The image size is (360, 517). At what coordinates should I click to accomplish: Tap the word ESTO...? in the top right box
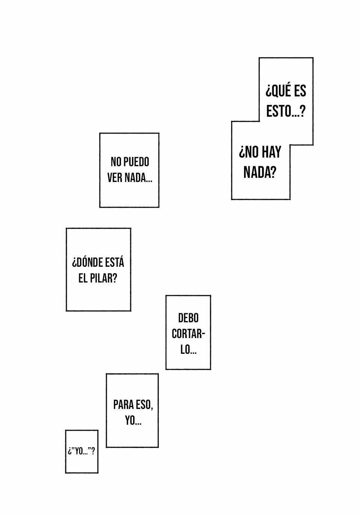point(286,111)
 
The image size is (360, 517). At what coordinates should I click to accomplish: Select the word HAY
point(271,152)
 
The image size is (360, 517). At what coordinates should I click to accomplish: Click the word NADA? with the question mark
point(260,173)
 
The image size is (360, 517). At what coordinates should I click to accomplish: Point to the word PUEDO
point(136,162)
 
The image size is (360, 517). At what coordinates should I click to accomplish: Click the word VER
point(115,178)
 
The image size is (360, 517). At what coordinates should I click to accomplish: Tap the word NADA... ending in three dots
point(138,178)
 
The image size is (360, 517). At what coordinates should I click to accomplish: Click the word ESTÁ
point(115,262)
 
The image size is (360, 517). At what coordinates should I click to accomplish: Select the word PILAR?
point(103,278)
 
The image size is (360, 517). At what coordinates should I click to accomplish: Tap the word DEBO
point(188,318)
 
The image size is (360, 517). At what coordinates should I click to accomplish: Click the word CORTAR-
point(188,334)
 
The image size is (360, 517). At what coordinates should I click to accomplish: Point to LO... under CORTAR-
point(188,350)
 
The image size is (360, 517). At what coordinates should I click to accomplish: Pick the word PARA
point(124,405)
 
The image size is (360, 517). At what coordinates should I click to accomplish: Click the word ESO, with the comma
point(144,405)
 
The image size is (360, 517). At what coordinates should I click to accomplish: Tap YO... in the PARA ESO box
point(133,421)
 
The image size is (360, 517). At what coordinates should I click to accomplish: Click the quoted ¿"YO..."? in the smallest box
point(81,451)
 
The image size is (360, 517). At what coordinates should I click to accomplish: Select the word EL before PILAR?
point(83,278)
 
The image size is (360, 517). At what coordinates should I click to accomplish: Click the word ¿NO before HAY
point(249,152)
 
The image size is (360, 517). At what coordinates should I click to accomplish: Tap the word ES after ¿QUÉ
point(300,91)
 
